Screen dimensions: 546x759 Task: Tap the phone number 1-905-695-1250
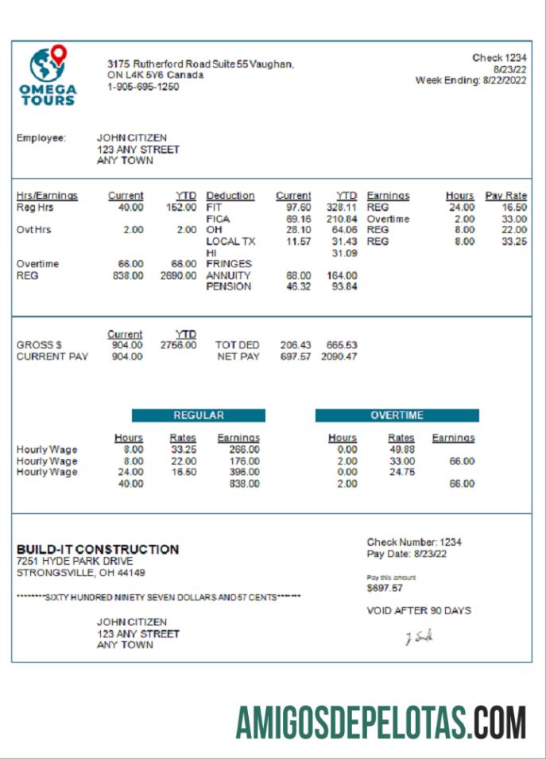[x=143, y=87]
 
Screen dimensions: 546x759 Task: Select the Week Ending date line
[x=470, y=80]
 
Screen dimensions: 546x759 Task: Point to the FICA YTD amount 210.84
[x=342, y=219]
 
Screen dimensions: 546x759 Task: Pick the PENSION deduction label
[x=229, y=286]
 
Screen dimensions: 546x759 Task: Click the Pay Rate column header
[x=506, y=196]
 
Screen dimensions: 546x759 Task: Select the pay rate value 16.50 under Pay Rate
[x=514, y=207]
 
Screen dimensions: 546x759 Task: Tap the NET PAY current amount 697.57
[x=296, y=356]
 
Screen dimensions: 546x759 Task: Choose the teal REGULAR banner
[x=199, y=415]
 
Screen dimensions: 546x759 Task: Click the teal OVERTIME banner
[x=397, y=415]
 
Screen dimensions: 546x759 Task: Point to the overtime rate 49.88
[x=401, y=450]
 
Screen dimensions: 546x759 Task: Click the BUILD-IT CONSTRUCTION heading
[x=98, y=549]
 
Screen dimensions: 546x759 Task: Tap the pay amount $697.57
[x=385, y=589]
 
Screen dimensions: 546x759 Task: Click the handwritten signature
[x=419, y=637]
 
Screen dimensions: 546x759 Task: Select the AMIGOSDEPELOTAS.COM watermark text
[x=381, y=722]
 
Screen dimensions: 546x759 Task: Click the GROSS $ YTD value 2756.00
[x=178, y=345]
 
